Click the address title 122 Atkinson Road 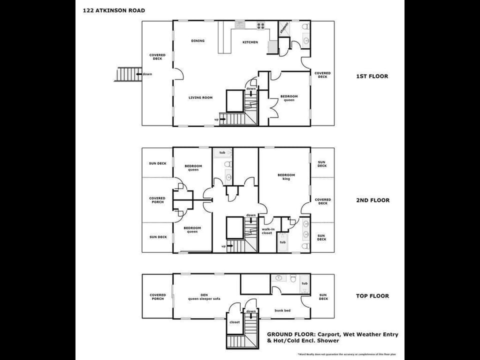pyautogui.click(x=114, y=10)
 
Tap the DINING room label pyautogui.click(x=197, y=41)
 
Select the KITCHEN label pyautogui.click(x=250, y=42)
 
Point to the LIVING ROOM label pyautogui.click(x=200, y=97)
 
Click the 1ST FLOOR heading pyautogui.click(x=371, y=76)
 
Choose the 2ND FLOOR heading pyautogui.click(x=372, y=200)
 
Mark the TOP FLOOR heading pyautogui.click(x=372, y=296)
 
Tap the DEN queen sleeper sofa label pyautogui.click(x=200, y=296)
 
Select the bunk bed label pyautogui.click(x=282, y=310)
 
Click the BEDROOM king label pyautogui.click(x=286, y=176)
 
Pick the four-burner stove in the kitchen pyautogui.click(x=260, y=25)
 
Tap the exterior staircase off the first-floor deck pyautogui.click(x=125, y=74)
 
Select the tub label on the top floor pyautogui.click(x=304, y=283)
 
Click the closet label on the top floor pyautogui.click(x=234, y=322)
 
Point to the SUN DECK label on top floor pyautogui.click(x=323, y=297)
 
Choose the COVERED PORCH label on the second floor pyautogui.click(x=157, y=200)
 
